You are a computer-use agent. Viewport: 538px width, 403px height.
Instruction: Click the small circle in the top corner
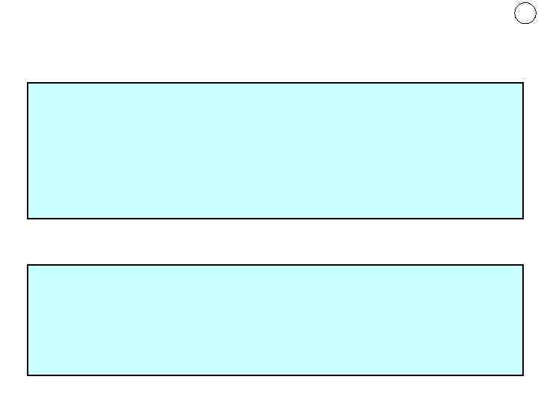coord(525,13)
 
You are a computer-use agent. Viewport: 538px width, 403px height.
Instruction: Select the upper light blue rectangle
coord(275,151)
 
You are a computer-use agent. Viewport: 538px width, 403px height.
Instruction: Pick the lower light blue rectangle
coord(275,320)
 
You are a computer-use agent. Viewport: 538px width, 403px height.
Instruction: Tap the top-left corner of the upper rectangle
coord(28,83)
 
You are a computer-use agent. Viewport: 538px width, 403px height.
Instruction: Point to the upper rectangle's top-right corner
coord(522,83)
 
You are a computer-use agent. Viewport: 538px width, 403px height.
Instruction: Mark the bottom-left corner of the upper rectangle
coord(28,218)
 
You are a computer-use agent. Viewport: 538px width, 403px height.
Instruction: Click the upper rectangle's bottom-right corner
coord(522,218)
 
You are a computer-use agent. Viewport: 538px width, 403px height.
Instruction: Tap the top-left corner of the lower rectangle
coord(28,265)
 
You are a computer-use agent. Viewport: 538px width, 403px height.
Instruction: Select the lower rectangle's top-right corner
coord(522,265)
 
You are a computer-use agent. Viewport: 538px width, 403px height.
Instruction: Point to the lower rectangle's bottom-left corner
coord(28,375)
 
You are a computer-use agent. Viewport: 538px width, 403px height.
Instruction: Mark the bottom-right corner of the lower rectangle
coord(522,375)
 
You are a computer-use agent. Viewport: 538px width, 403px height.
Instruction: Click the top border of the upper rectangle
coord(275,83)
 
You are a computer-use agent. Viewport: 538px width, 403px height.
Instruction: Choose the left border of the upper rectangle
coord(28,151)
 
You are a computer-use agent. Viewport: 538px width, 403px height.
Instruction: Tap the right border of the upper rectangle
coord(522,151)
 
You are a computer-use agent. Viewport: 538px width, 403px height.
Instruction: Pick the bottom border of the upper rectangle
coord(275,218)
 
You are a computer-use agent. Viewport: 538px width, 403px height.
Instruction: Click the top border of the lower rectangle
coord(275,265)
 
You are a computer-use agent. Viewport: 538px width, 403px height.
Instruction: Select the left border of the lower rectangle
coord(28,320)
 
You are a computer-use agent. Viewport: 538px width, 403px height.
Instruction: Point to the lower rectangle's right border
coord(522,320)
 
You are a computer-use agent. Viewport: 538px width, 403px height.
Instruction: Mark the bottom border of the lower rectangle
coord(275,375)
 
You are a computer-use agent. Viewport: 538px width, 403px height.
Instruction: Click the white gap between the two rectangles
coord(275,242)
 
